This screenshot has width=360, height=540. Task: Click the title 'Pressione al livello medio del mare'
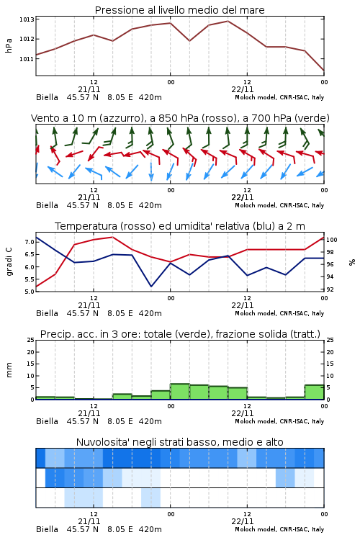179,10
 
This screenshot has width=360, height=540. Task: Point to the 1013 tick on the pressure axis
27,19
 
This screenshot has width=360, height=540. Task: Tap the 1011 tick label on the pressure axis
27,59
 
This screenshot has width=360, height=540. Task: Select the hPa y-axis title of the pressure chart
9,45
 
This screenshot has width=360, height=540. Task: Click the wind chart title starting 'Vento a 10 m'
180,118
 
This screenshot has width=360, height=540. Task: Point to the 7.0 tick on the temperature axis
30,242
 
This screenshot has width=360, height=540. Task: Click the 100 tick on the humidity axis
332,240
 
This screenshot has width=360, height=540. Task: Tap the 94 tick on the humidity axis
330,276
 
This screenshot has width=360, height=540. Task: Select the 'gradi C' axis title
9,262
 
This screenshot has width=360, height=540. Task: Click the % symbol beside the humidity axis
352,262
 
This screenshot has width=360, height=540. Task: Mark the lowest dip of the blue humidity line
151,287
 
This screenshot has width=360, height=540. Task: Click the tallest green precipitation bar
180,391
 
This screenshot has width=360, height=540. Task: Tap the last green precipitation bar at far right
314,392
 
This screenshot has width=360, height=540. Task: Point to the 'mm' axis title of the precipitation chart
9,370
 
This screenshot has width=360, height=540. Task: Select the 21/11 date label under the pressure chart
89,89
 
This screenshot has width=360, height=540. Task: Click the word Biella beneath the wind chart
48,205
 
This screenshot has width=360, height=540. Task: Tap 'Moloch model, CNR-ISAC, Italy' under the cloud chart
279,529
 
